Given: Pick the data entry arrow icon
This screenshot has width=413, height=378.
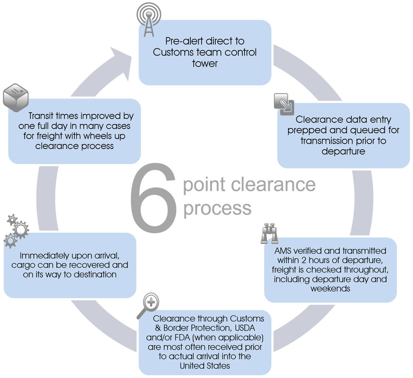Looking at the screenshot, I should click(x=283, y=103).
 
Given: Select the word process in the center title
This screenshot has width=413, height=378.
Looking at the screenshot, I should click(x=217, y=207).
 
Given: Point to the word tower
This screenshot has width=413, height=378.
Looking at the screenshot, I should click(x=205, y=63).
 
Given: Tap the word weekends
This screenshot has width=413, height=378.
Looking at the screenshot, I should click(x=330, y=289).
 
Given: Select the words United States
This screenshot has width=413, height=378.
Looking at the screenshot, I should click(x=205, y=366).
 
